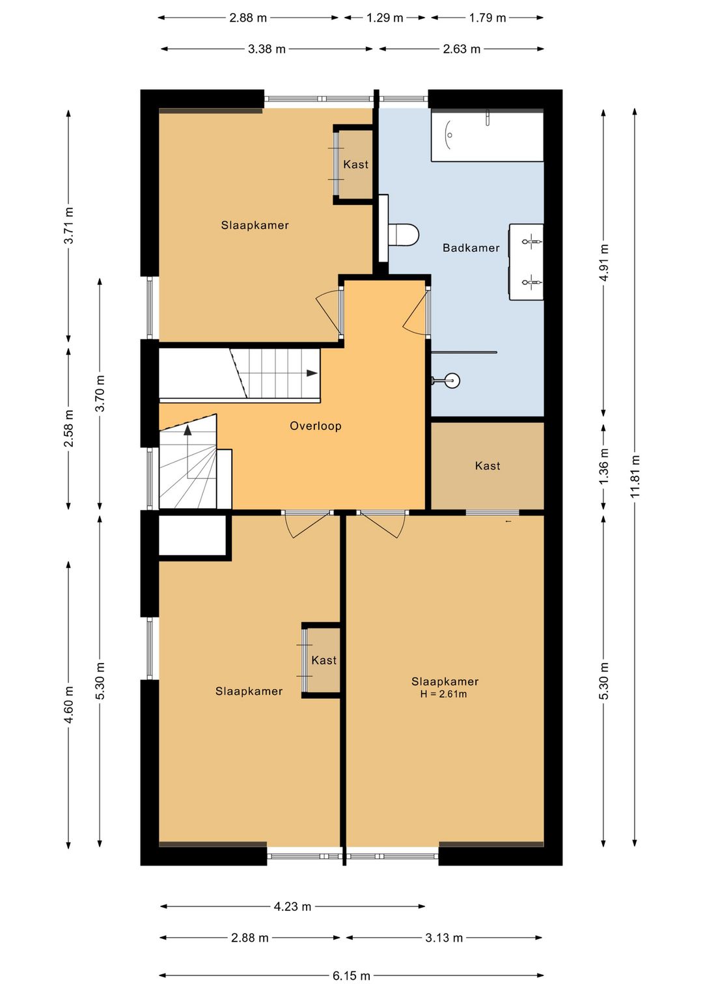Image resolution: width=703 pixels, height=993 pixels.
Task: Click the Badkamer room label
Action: coord(471,247)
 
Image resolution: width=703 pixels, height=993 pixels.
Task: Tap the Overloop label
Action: coord(315,426)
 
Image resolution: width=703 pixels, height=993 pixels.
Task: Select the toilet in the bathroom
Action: coord(403,234)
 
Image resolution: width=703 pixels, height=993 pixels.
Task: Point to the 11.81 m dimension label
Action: coord(635,476)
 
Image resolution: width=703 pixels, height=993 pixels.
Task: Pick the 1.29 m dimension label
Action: coord(385,18)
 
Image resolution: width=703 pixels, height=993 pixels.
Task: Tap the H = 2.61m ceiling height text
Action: coord(443,694)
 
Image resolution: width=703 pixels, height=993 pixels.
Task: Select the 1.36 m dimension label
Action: coord(603,467)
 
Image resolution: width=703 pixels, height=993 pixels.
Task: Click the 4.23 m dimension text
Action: coord(292,906)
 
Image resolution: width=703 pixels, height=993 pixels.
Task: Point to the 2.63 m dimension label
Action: coord(462,49)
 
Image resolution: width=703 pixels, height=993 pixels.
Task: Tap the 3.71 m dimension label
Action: coord(69,226)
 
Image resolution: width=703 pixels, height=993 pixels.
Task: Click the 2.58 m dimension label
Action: coord(69,429)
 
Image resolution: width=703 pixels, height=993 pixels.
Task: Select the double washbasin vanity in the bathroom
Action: coord(526,262)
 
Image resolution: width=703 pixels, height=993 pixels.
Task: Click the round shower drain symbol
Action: coord(453,380)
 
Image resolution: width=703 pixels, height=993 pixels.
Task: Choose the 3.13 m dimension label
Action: coord(444,938)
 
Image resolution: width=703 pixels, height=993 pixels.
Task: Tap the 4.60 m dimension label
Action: coord(69,705)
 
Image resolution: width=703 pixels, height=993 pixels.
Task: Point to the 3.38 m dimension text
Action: coord(267,49)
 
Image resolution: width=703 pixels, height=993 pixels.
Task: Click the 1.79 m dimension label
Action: coord(488,18)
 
